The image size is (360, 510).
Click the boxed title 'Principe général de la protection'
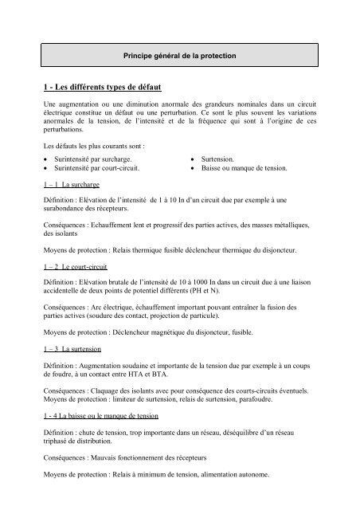click(180, 57)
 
